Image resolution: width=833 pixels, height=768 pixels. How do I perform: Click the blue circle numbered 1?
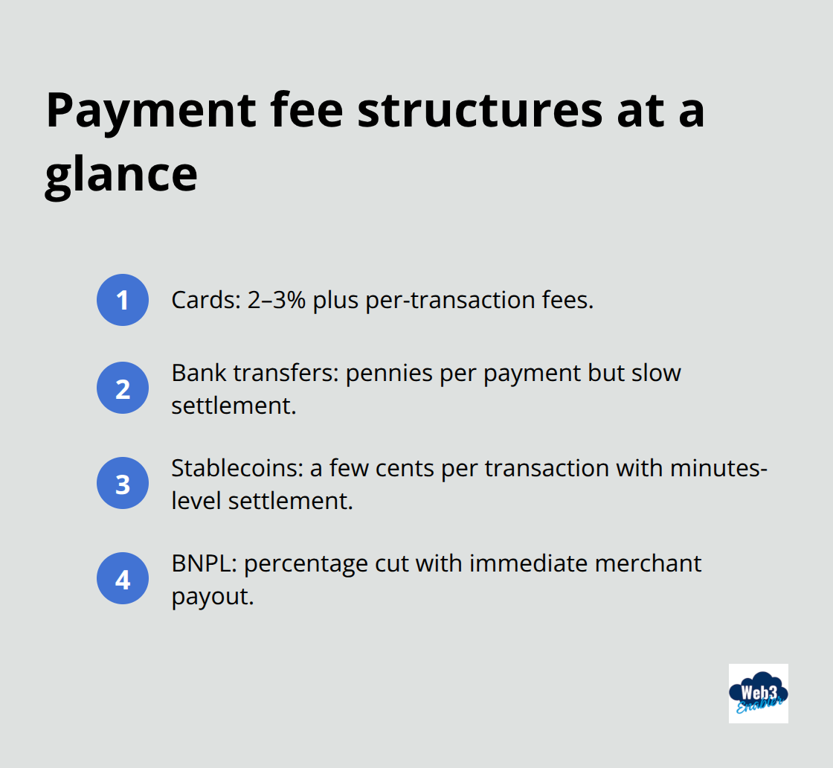coord(123,300)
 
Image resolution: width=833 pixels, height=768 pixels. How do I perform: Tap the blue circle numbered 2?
coord(123,388)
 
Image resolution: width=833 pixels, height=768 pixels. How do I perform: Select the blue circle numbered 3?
coord(123,483)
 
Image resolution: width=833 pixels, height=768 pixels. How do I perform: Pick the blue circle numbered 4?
coord(123,578)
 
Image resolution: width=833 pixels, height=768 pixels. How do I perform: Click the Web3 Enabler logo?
coord(758,694)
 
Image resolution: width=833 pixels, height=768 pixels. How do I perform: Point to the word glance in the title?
coord(121,176)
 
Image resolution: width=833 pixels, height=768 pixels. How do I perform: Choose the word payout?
coord(213,595)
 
